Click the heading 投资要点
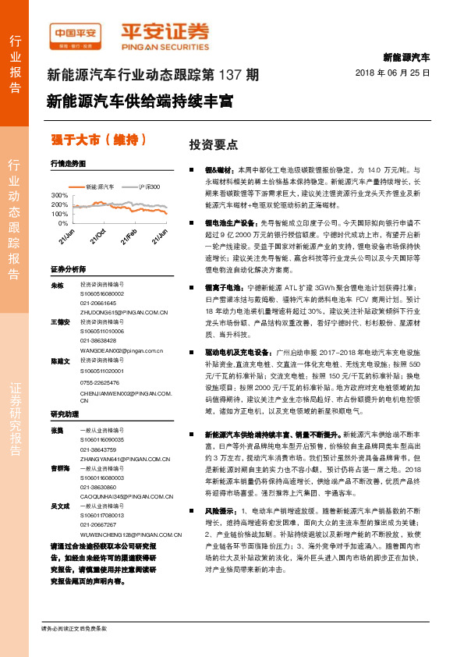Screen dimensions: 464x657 coord(208,145)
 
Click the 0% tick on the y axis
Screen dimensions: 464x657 coord(62,222)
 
